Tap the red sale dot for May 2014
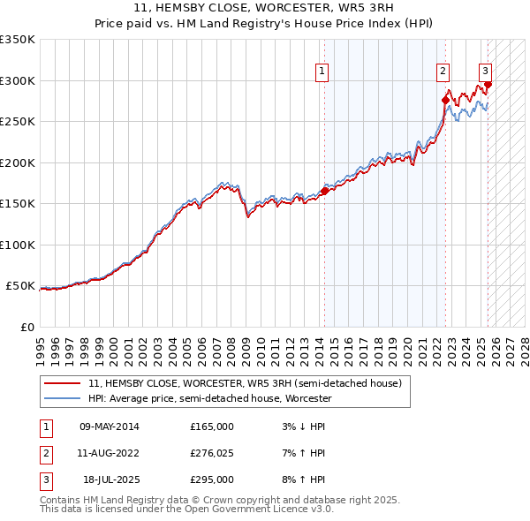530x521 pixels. (324, 190)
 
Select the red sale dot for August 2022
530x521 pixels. (444, 100)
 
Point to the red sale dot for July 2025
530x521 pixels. (488, 85)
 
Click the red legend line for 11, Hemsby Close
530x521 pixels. (62, 383)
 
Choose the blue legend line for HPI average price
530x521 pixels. (62, 398)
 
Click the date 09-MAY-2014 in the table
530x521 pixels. (109, 427)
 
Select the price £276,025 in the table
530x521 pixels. (212, 453)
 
